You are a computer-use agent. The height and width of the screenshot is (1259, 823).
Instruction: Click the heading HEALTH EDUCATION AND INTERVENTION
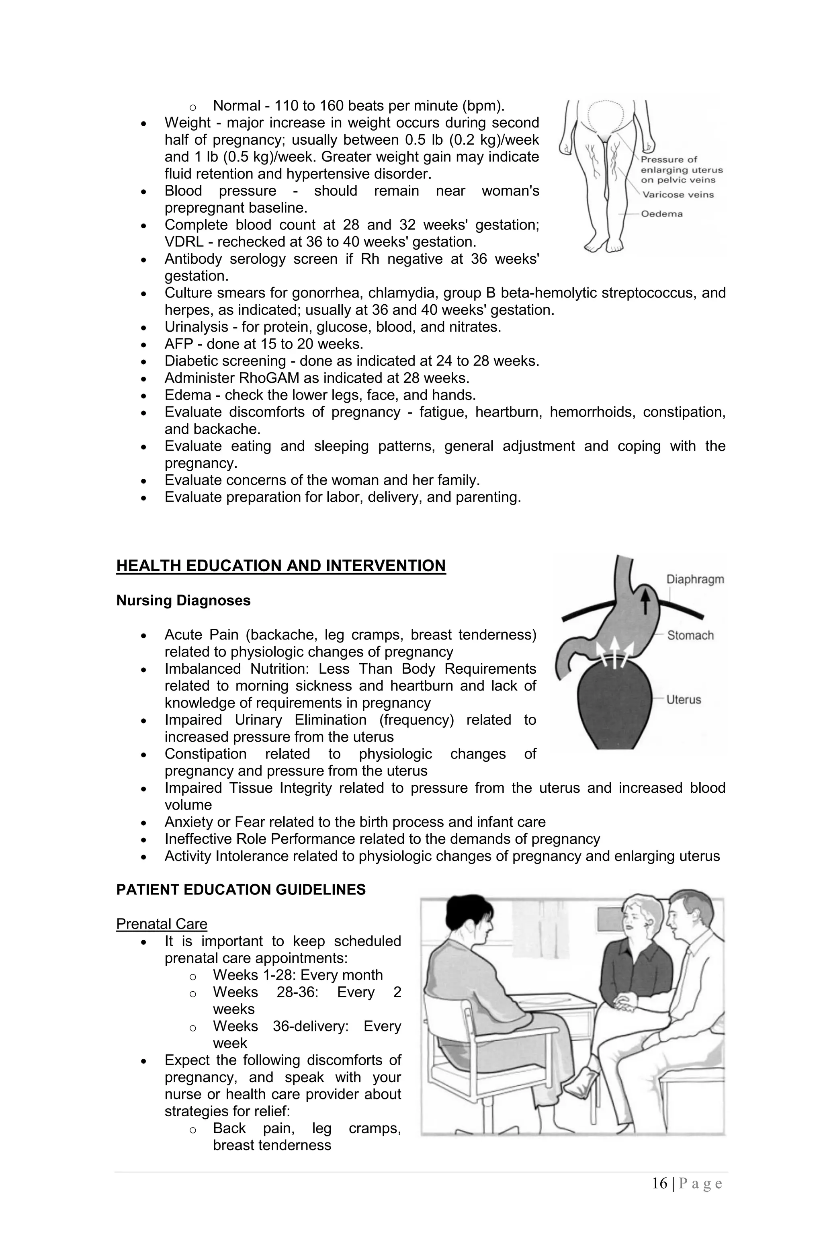[281, 566]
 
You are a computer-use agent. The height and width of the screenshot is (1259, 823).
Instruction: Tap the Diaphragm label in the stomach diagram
[694, 579]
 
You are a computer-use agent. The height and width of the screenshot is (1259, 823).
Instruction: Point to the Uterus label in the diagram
[684, 699]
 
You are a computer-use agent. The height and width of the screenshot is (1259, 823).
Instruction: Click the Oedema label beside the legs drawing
[662, 214]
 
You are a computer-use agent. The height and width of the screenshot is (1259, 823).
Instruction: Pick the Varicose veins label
[678, 195]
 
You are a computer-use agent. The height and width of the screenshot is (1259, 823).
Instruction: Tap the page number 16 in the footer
[659, 1183]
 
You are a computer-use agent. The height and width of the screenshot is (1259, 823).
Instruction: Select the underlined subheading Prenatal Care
[161, 924]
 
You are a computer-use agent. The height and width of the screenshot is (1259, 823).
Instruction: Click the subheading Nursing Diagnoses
[183, 601]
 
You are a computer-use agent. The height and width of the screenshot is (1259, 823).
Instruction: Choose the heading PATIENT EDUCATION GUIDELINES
[241, 889]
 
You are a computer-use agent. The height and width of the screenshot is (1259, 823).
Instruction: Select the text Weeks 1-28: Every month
[297, 975]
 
